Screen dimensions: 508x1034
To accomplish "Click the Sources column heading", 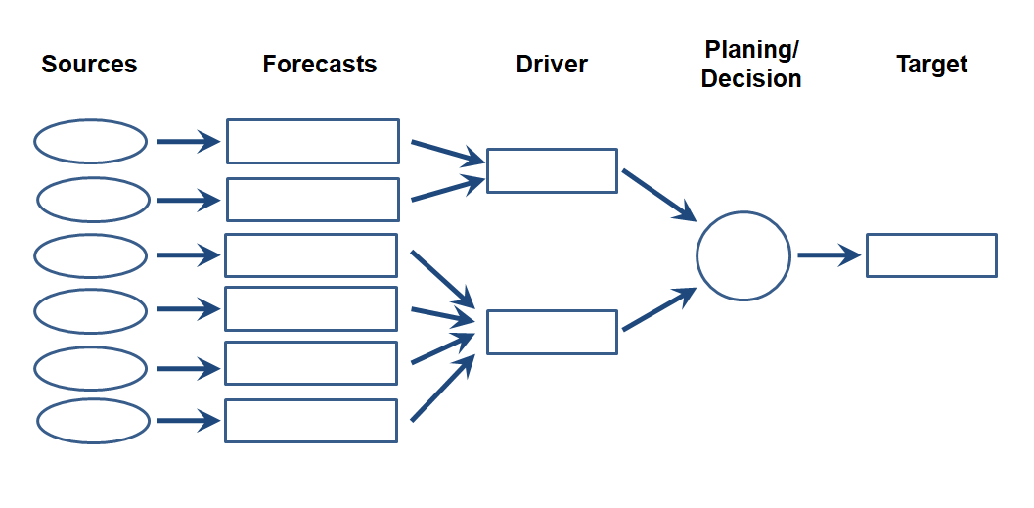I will pos(89,66).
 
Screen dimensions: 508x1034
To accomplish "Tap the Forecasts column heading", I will pos(319,66).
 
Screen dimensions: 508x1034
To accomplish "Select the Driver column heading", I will pos(552,66).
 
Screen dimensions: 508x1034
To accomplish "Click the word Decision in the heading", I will pos(751,80).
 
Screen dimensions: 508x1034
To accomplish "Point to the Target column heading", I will pos(931,66).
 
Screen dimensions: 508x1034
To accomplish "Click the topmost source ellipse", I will pos(91,142).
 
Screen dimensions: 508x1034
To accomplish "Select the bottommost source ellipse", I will pos(94,422).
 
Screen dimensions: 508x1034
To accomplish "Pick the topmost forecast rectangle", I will pos(313,142).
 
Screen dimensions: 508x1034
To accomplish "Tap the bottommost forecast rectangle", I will pos(311,421).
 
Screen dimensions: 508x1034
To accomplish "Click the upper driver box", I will pos(552,170).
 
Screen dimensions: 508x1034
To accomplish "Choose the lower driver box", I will pos(552,332).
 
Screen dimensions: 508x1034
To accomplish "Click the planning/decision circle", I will pos(743,255).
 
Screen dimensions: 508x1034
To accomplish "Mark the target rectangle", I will pos(931,255).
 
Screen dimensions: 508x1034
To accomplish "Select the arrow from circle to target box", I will pos(828,255).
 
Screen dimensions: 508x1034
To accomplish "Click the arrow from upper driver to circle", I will pos(658,195).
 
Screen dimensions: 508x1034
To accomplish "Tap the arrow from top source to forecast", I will pos(187,142).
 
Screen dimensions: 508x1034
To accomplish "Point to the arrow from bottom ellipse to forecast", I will pos(187,422).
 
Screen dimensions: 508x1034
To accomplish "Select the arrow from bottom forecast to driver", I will pos(443,389).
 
